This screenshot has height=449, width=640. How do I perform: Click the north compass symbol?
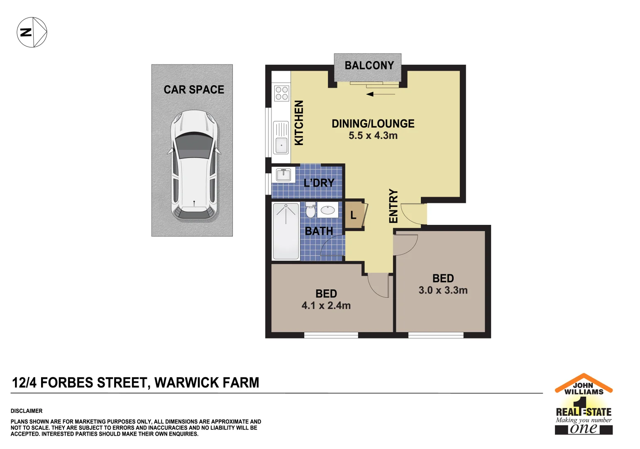[32, 32]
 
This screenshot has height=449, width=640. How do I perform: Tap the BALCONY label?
[369, 66]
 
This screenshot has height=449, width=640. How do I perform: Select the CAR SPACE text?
[194, 90]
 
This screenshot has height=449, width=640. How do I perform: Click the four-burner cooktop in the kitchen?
[281, 94]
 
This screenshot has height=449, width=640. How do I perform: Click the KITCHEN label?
[299, 123]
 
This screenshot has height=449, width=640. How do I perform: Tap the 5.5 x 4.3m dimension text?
[373, 136]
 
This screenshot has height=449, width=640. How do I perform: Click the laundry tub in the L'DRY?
[283, 175]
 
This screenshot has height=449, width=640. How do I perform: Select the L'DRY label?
[319, 183]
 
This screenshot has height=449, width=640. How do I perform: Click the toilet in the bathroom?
[310, 210]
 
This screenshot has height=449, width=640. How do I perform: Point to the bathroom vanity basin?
[328, 210]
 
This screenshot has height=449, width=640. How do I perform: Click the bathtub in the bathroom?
[286, 231]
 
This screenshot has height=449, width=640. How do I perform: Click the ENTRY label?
[393, 206]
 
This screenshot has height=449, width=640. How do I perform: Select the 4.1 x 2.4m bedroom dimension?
[326, 306]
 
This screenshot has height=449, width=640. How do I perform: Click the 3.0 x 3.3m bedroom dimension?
[443, 290]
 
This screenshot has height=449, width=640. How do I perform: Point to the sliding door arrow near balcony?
[381, 94]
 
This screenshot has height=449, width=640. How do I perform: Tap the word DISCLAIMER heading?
[27, 411]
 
